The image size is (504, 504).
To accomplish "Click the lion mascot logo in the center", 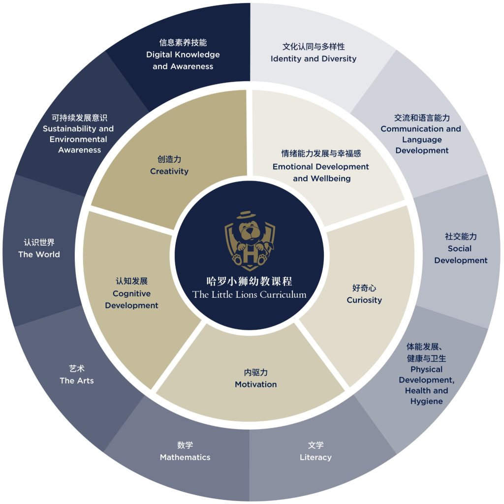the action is pos(250,241).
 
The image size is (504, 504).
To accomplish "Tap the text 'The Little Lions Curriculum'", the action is pos(250,294).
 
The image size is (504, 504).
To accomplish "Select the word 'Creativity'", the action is pos(169,171).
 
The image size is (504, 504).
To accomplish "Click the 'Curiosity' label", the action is pos(364,300).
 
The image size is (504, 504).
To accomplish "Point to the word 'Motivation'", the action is pos(256,384).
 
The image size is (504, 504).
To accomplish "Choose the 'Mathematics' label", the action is pos(185,457).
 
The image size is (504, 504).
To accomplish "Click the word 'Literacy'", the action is pos(315,457).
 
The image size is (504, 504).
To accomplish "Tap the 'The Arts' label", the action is pos(77,380).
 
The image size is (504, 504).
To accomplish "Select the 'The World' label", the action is pos(39,254).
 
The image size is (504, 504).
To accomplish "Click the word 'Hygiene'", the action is pos(427,402).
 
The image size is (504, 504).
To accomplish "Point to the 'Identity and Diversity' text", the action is pos(314,59).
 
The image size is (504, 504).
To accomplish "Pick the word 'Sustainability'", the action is pos(69,128).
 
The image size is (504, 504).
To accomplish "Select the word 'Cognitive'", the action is pos(131,293).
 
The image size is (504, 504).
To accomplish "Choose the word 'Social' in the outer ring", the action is pos(460,249).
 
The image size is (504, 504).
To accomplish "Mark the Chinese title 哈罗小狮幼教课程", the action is pos(250,281).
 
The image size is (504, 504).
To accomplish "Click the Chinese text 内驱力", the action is pos(256,372).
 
